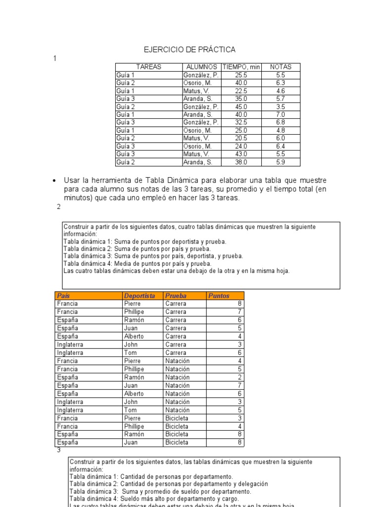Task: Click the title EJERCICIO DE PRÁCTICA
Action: [190, 50]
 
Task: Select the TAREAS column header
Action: [148, 67]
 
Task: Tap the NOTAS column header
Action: [281, 67]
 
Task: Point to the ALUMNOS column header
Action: [201, 67]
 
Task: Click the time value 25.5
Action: [241, 75]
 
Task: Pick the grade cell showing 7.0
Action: [281, 114]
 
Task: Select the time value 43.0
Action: [241, 154]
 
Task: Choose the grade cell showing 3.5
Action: [281, 106]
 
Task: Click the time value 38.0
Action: [241, 162]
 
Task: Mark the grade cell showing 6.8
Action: [281, 122]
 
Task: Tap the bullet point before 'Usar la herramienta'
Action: [54, 180]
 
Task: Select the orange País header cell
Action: [64, 296]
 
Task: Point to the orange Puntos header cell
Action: [219, 296]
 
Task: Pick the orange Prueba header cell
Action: [176, 296]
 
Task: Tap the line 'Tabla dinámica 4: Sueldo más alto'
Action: [154, 499]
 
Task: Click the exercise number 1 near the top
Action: [55, 58]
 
